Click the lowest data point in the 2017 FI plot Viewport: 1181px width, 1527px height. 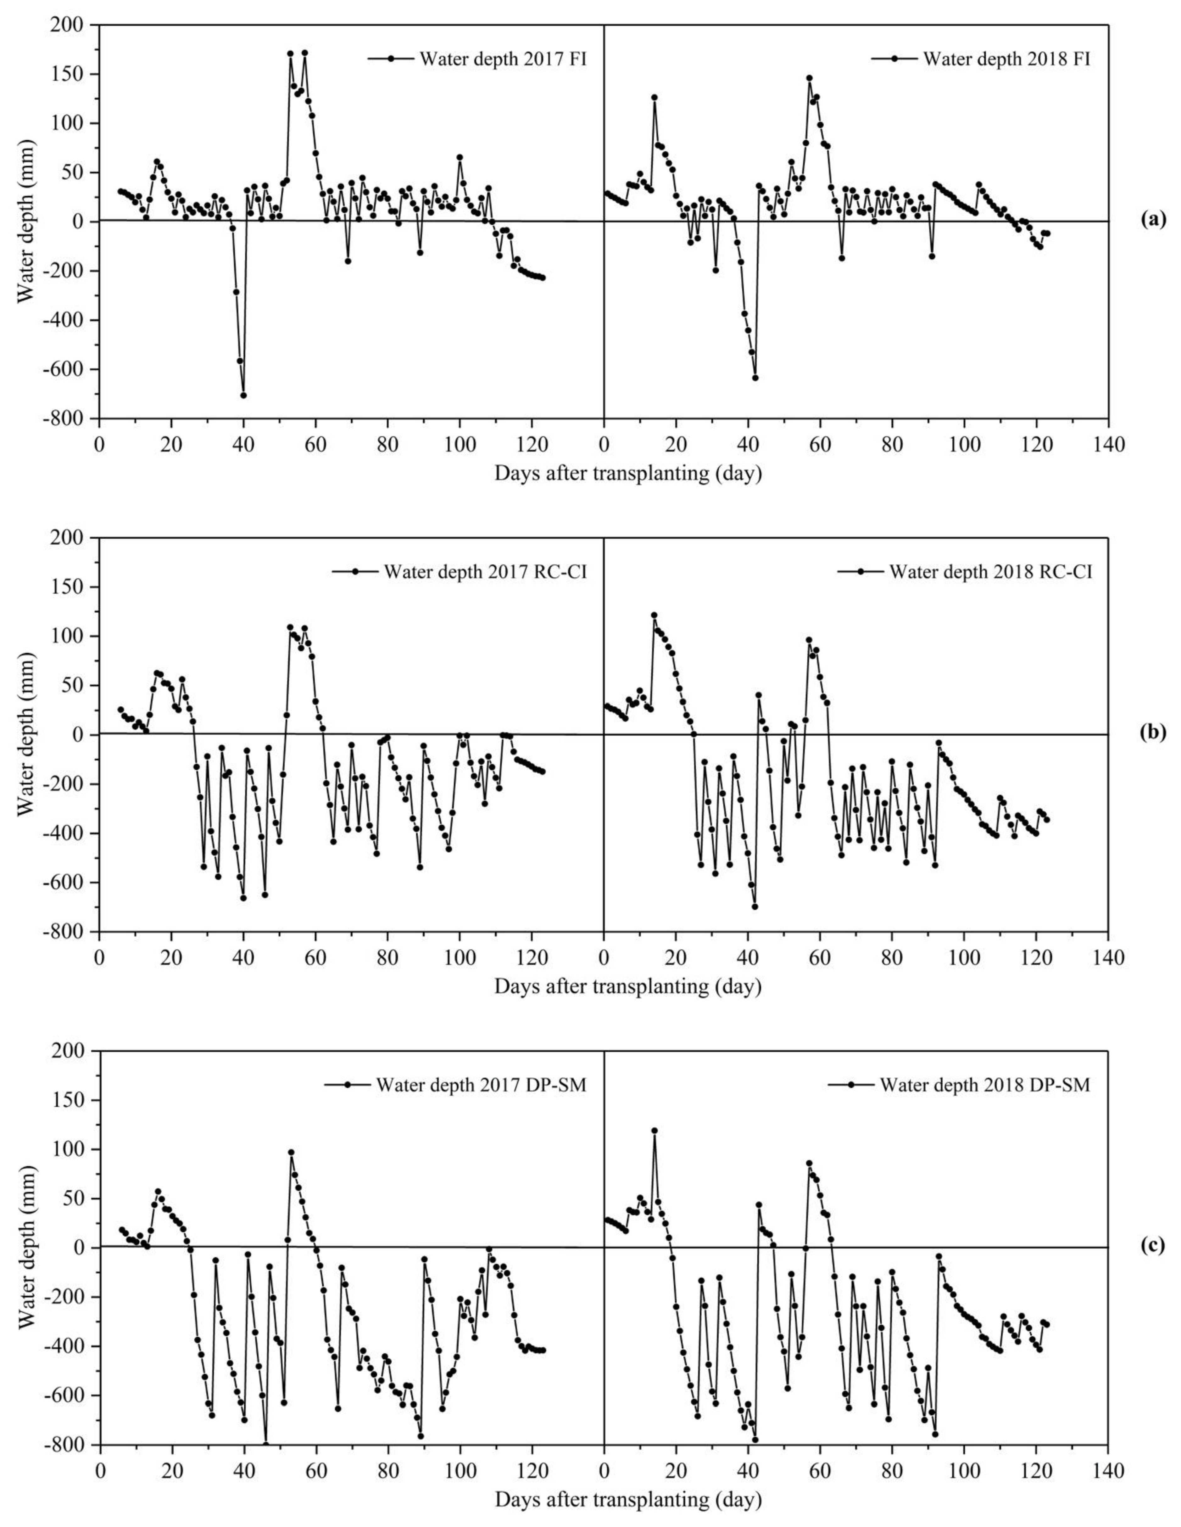point(243,395)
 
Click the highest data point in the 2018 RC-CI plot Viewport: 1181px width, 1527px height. point(654,615)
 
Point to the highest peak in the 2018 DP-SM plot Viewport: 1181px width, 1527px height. point(654,1131)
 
